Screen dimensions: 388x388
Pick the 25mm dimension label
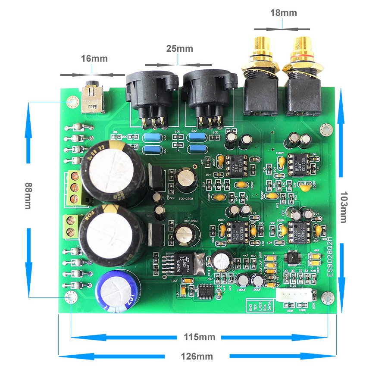pos(179,49)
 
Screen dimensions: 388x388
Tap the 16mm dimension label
pos(94,59)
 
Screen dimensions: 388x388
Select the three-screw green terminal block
pos(74,188)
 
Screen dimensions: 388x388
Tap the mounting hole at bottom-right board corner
pos(328,297)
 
